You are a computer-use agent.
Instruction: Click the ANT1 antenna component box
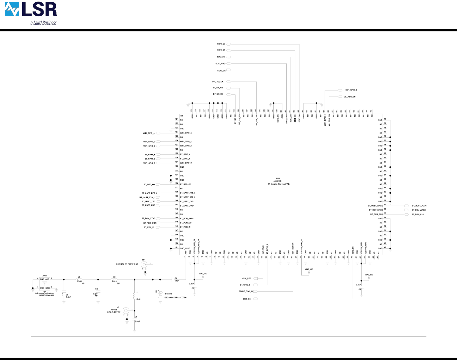pyautogui.click(x=45, y=283)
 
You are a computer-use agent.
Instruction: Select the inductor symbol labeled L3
pyautogui.click(x=79, y=279)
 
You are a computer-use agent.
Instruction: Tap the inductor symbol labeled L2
pyautogui.click(x=114, y=279)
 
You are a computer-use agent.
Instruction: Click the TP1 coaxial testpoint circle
pyautogui.click(x=144, y=264)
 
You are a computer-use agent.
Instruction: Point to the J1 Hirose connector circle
pyautogui.click(x=126, y=310)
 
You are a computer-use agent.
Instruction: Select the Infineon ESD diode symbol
pyautogui.click(x=160, y=293)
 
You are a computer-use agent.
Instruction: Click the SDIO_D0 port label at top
pyautogui.click(x=221, y=44)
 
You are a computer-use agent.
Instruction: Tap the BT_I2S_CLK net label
pyautogui.click(x=218, y=82)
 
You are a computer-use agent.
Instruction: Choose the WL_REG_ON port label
pyautogui.click(x=349, y=97)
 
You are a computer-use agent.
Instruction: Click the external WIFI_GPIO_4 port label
pyautogui.click(x=149, y=133)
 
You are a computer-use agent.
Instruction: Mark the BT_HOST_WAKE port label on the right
pyautogui.click(x=419, y=206)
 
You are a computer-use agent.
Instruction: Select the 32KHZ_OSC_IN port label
pyautogui.click(x=246, y=291)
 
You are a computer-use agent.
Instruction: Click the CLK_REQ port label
pyautogui.click(x=246, y=278)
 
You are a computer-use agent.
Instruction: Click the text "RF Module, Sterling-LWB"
pyautogui.click(x=278, y=184)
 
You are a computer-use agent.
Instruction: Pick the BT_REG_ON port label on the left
pyautogui.click(x=149, y=184)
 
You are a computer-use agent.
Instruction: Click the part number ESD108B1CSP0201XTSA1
pyautogui.click(x=176, y=297)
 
